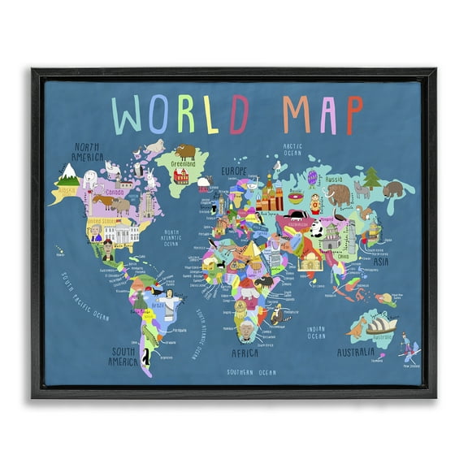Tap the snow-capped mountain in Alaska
tap(67, 172)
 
